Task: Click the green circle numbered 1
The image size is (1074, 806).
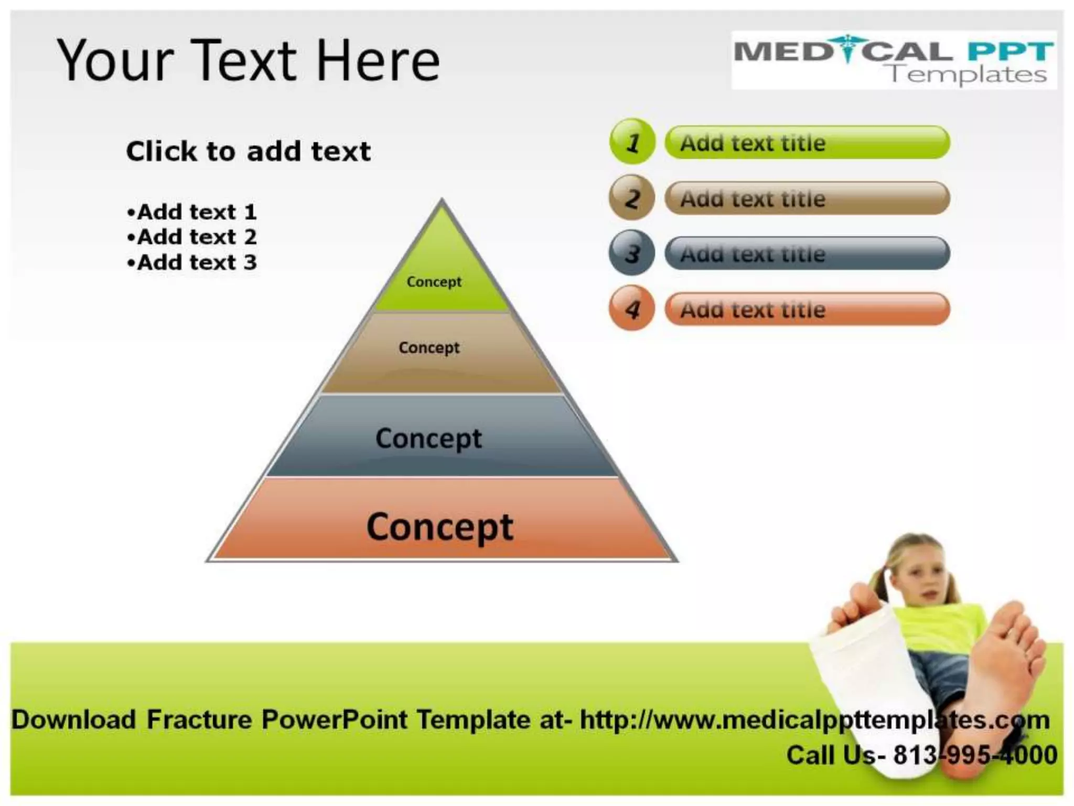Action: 632,142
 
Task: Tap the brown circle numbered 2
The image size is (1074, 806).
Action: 632,198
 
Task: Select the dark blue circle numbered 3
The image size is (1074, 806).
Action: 632,253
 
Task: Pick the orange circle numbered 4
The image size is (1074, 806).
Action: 632,309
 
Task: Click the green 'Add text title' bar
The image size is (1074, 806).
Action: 807,142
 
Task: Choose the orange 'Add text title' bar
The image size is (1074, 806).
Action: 807,309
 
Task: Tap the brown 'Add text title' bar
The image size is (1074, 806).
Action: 807,198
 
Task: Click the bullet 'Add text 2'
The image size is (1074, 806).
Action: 192,237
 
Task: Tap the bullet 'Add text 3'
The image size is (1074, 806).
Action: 192,262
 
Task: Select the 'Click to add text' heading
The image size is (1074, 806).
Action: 248,152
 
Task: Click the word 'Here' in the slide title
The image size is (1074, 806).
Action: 379,61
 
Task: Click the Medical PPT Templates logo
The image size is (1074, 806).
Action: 894,60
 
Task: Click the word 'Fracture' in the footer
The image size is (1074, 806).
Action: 199,720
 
